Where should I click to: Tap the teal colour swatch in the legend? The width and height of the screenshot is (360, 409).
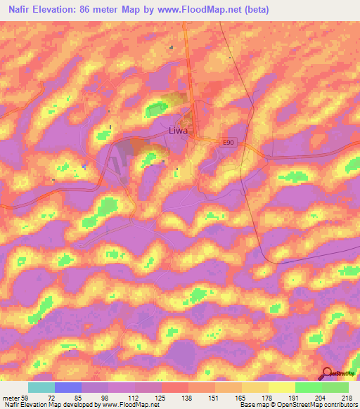coord(41,387)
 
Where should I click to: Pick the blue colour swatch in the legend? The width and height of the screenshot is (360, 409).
coord(68,387)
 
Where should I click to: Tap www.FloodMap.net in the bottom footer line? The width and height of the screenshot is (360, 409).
coord(127,405)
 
